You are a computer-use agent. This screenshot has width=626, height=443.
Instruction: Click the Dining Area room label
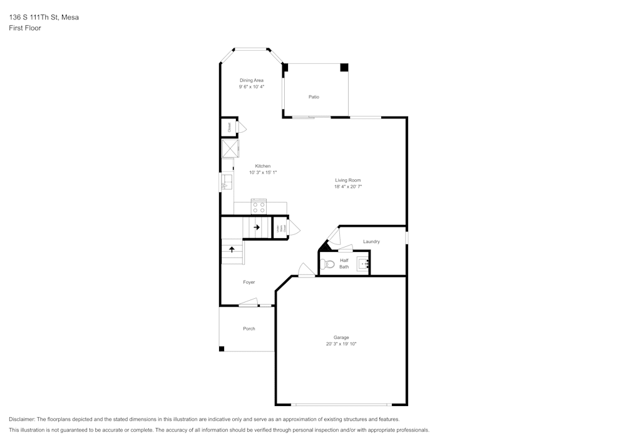coord(251,80)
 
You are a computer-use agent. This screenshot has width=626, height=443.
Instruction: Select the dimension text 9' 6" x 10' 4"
coord(251,87)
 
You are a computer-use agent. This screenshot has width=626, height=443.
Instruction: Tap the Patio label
coord(314,97)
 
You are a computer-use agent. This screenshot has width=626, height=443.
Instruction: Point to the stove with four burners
coord(259,206)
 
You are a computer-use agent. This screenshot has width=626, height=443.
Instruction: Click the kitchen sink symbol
coord(227,182)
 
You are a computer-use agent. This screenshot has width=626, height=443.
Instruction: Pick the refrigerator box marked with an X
coord(230,149)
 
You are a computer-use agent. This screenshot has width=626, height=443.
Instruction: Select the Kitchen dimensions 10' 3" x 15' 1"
coord(262,172)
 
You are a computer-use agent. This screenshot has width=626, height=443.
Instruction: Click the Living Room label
coord(347,180)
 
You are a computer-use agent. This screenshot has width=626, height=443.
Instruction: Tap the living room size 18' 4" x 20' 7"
coord(347,187)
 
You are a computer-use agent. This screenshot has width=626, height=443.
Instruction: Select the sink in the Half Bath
coord(363,264)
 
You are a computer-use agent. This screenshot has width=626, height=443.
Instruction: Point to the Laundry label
coord(371,241)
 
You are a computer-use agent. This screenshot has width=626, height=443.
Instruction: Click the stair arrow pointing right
coord(257,227)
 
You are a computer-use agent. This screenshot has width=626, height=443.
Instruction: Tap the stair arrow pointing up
coord(232,249)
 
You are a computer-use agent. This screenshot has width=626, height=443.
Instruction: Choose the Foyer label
coord(249,283)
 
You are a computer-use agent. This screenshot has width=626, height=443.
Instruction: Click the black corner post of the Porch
coord(222,348)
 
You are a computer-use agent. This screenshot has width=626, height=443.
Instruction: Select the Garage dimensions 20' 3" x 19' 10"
coord(341,344)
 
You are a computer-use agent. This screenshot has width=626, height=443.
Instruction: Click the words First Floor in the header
coord(25,28)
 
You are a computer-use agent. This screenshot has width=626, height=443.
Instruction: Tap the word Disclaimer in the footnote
coord(22,419)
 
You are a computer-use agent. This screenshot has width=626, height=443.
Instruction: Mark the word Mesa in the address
coord(70,18)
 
